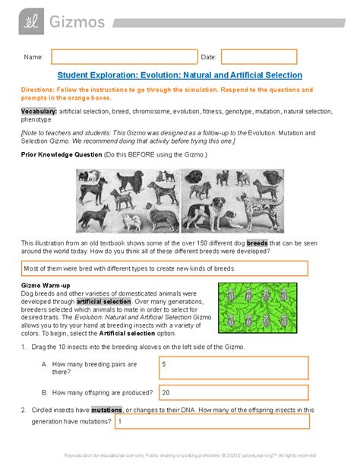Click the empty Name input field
(124, 57)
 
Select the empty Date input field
(258, 57)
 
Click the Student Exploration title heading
(179, 75)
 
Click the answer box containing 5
(233, 367)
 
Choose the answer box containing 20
(233, 393)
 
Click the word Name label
(33, 57)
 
